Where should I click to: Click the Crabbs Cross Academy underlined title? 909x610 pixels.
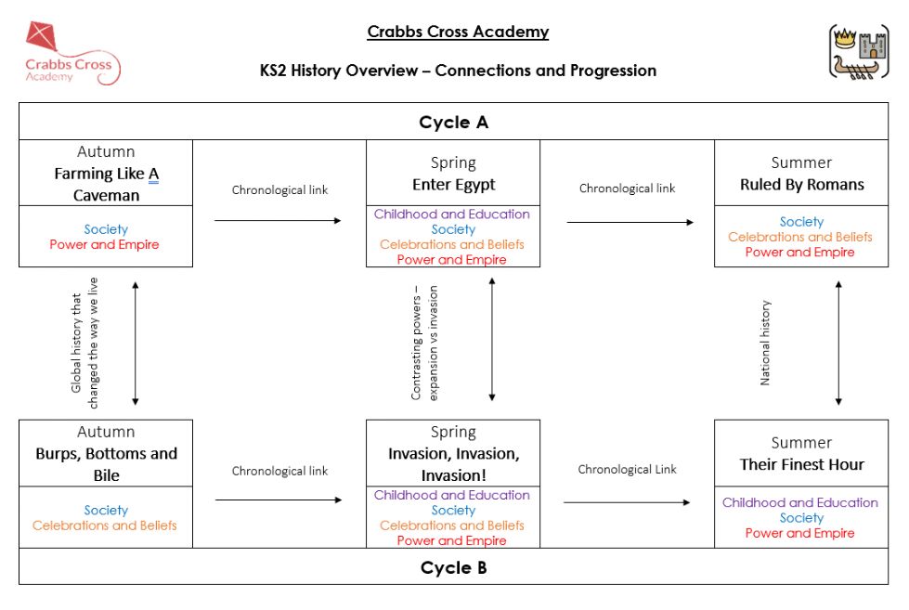(x=458, y=32)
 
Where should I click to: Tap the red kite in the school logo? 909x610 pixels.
(x=41, y=35)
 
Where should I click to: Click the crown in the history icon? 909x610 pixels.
(x=845, y=39)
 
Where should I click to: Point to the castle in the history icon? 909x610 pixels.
(x=873, y=45)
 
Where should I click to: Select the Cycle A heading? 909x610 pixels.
(x=453, y=123)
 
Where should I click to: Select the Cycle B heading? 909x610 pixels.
(x=453, y=567)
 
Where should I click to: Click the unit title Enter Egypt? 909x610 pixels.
(x=454, y=185)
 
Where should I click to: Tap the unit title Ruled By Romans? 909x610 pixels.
(x=801, y=185)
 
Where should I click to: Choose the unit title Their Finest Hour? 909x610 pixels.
(x=801, y=464)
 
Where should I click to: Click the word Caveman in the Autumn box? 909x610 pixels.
(x=106, y=195)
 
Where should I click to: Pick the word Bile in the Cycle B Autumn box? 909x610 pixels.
(x=107, y=475)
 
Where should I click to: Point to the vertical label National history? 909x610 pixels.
(x=765, y=343)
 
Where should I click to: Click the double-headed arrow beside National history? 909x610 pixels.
(x=838, y=343)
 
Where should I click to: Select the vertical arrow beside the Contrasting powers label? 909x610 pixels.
(x=491, y=339)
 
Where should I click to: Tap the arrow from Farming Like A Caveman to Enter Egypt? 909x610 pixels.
(x=278, y=220)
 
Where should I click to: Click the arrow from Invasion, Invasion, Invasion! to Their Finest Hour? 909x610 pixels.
(x=627, y=502)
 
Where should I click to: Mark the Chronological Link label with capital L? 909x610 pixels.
(x=628, y=469)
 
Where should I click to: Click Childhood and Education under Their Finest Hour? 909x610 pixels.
(x=800, y=502)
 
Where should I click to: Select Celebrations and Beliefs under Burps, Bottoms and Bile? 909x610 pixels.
(x=104, y=526)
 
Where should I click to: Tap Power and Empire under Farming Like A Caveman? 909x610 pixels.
(x=104, y=245)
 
